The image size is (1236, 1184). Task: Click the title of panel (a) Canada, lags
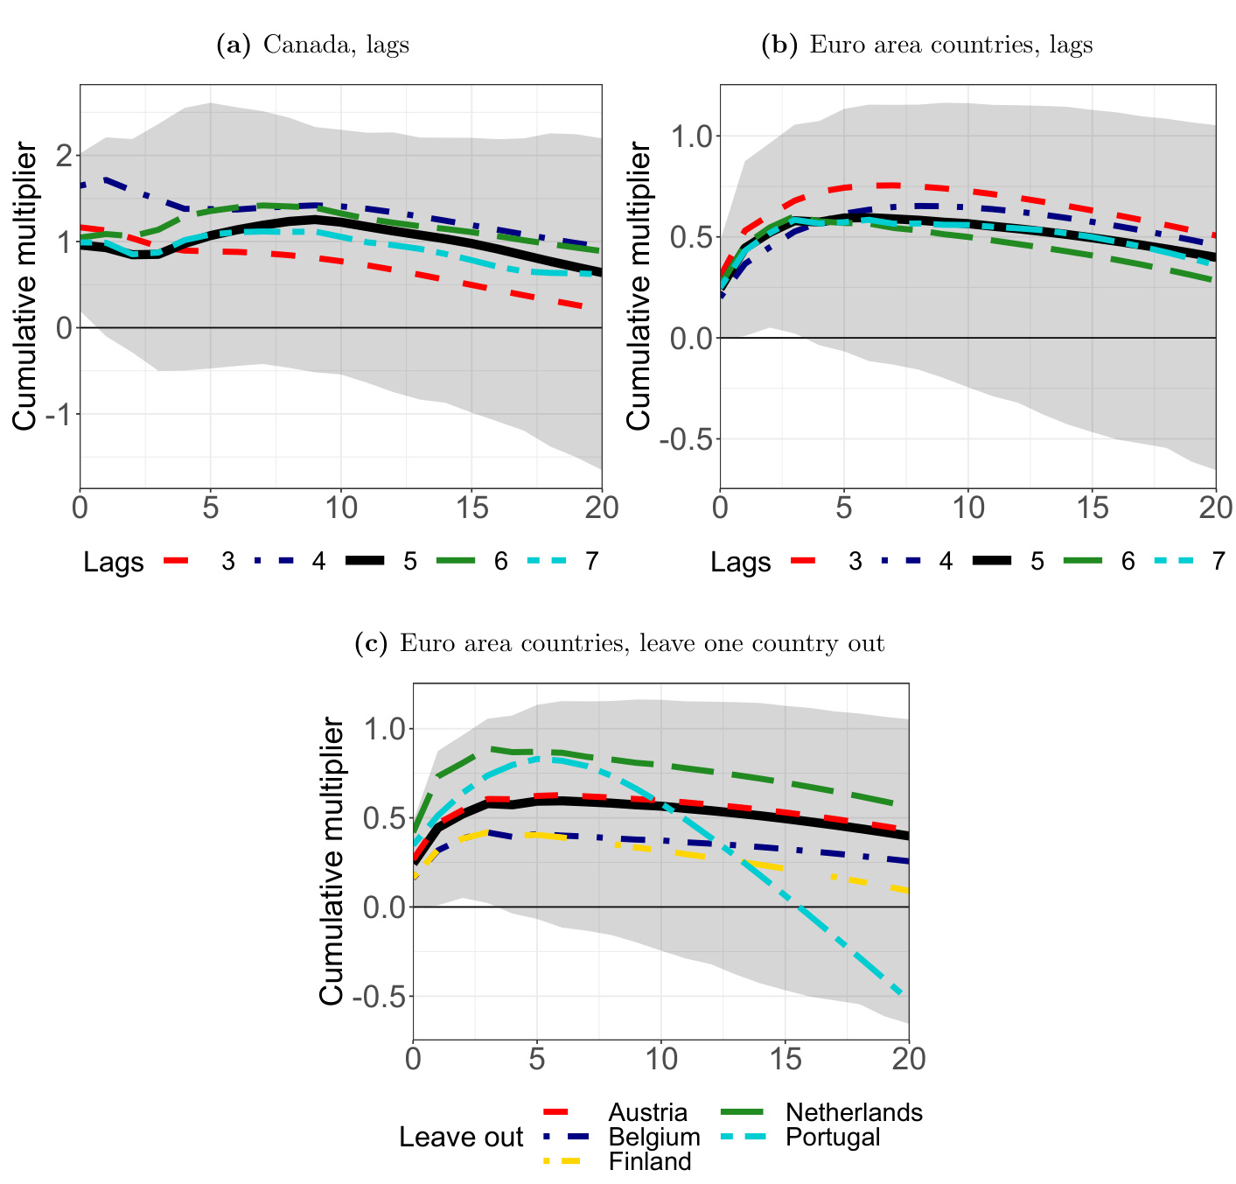[x=312, y=45]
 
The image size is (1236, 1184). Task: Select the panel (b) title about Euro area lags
[x=927, y=45]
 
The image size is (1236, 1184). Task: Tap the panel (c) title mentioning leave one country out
[x=619, y=644]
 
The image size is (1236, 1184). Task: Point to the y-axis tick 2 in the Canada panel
[x=63, y=156]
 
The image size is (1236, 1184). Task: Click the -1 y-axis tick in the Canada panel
[x=57, y=414]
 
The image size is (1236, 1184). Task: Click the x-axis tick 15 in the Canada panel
[x=471, y=508]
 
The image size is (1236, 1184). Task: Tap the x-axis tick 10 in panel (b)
[x=967, y=508]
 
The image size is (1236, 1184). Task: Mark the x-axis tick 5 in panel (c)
[x=537, y=1060]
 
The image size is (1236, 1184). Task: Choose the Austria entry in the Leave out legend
[x=647, y=1112]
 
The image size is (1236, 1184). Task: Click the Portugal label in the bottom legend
[x=833, y=1137]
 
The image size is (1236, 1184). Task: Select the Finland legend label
[x=650, y=1161]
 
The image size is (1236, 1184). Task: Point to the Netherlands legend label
[x=854, y=1112]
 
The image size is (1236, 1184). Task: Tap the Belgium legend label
[x=654, y=1137]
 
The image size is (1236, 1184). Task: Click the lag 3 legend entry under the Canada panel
[x=227, y=561]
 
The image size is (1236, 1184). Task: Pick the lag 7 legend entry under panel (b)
[x=1219, y=561]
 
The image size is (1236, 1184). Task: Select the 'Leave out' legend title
[x=460, y=1137]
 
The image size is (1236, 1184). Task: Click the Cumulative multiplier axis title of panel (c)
[x=332, y=861]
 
